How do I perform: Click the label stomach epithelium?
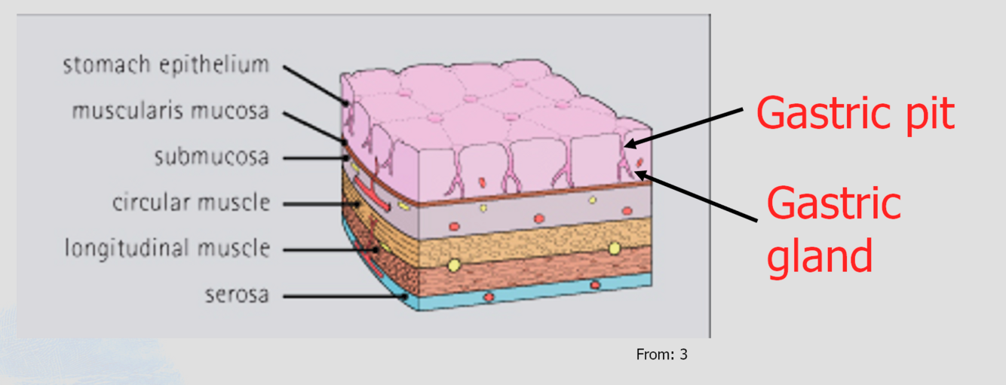pyautogui.click(x=165, y=66)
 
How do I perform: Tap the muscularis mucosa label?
pyautogui.click(x=170, y=112)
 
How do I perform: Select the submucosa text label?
pyautogui.click(x=211, y=157)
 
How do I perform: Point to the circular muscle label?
pyautogui.click(x=191, y=203)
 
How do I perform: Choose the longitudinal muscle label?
pyautogui.click(x=167, y=248)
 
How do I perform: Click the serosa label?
pyautogui.click(x=237, y=295)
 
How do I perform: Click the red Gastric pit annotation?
pyautogui.click(x=855, y=114)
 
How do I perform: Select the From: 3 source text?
pyautogui.click(x=661, y=354)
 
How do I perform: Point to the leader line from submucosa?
pyautogui.click(x=314, y=158)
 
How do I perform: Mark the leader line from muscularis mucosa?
pyautogui.click(x=313, y=127)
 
